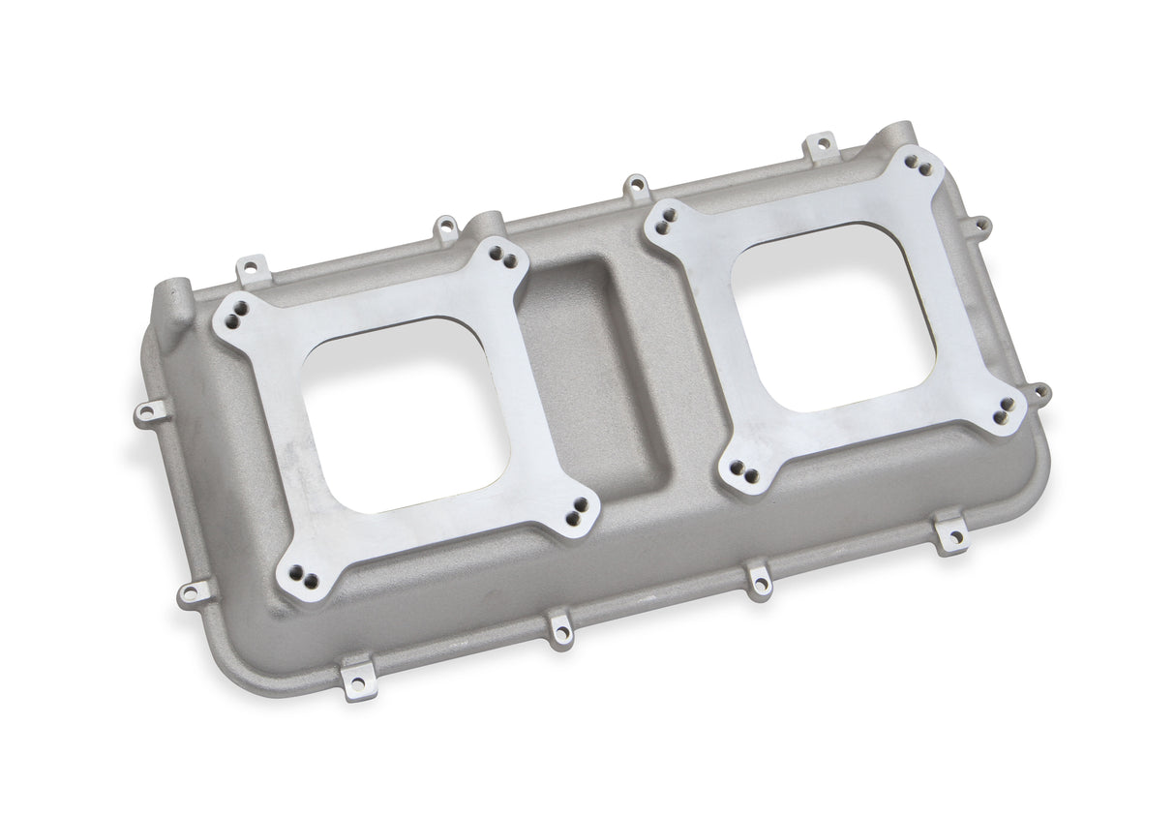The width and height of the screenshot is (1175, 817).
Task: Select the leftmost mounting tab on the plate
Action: [x=144, y=414]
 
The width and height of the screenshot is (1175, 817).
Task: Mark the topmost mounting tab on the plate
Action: [x=821, y=145]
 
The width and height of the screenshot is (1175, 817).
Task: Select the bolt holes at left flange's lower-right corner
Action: [x=578, y=507]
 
